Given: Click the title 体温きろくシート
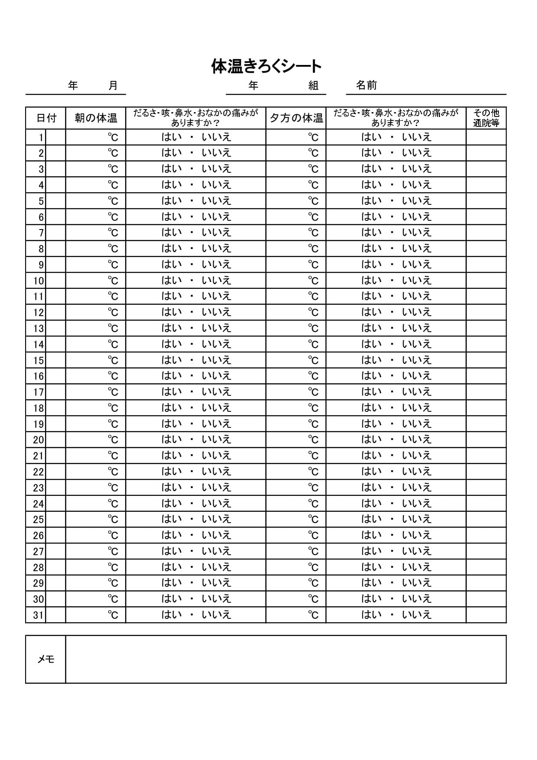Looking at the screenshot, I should tap(266, 66).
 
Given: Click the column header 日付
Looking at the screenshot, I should tap(46, 118).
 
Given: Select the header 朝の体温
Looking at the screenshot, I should tap(96, 118).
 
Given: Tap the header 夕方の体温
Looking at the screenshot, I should tap(296, 118).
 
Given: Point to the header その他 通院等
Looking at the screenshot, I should tap(486, 118).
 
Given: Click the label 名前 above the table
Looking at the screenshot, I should tap(366, 85).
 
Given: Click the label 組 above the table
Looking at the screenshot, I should tap(314, 86).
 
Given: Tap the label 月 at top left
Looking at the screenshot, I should tap(113, 86).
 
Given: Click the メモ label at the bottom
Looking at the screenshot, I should tap(46, 659).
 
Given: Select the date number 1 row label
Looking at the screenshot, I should tap(41, 138).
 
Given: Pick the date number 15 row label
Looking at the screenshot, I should tap(39, 361).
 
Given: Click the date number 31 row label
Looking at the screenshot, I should tap(39, 615).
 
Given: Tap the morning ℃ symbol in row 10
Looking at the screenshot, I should tap(113, 281).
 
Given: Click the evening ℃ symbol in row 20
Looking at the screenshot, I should tap(313, 440).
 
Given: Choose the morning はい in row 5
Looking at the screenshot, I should tap(171, 201).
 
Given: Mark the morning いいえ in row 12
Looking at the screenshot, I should tap(217, 312).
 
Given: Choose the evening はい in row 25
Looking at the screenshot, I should tap(372, 519).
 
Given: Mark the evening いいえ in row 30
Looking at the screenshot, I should tap(417, 599).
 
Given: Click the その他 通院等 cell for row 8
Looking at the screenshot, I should tap(486, 249).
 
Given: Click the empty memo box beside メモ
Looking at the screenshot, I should tap(286, 659).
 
